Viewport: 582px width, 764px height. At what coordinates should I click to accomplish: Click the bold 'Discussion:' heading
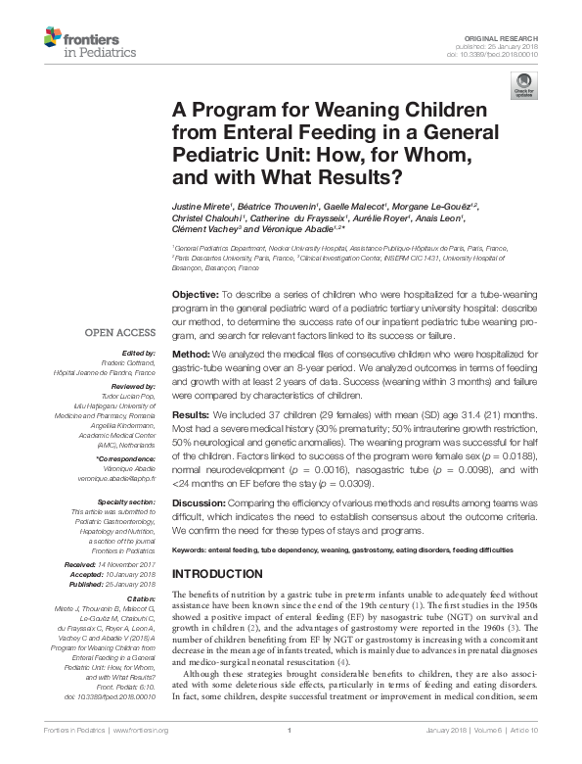(198, 501)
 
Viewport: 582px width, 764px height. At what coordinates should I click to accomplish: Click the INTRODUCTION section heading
(224, 573)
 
